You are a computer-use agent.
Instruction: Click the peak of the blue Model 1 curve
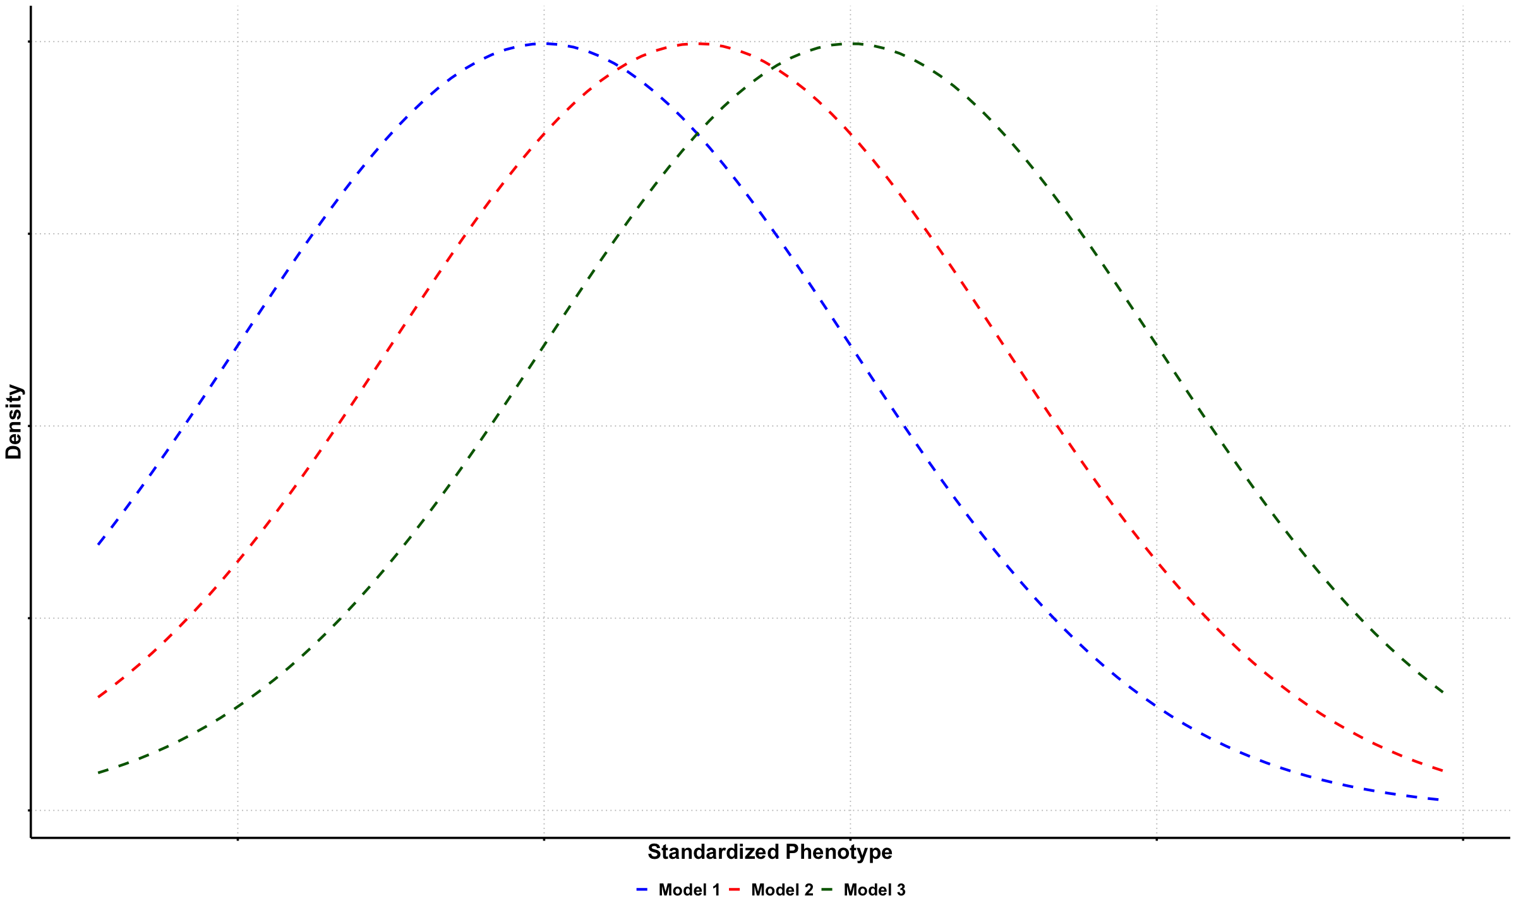[x=544, y=44]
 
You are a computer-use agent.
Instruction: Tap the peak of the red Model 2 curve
[x=697, y=44]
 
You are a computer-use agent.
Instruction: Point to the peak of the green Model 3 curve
[x=851, y=44]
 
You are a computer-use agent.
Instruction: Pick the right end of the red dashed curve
[x=1443, y=770]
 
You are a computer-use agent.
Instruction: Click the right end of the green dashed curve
[x=1443, y=692]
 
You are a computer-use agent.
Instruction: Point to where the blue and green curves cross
[x=697, y=133]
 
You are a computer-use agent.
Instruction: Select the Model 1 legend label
[x=689, y=890]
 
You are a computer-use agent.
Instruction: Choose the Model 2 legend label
[x=782, y=890]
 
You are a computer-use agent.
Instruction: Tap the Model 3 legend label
[x=874, y=890]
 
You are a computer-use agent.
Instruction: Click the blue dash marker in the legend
[x=642, y=890]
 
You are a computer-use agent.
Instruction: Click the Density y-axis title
[x=14, y=422]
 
